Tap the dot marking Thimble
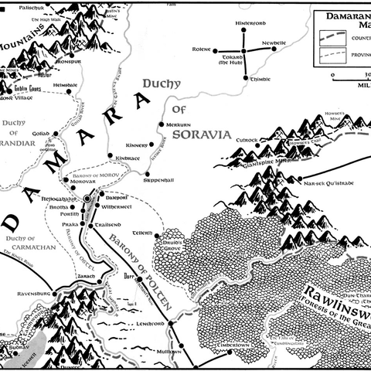tap(246, 78)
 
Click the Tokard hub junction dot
tap(244, 52)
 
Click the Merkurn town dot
tap(159, 124)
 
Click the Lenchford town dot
tap(163, 311)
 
